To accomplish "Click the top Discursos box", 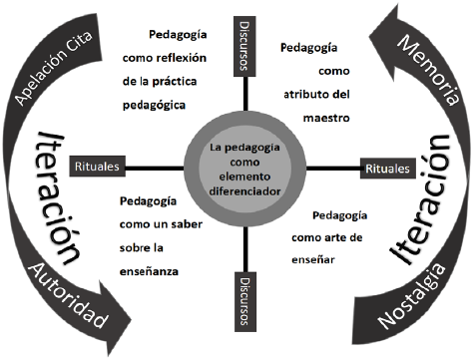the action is coord(244,46).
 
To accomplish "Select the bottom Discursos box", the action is coord(245,301).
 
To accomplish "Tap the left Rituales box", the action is coord(97,166).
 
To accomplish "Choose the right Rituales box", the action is coord(388,169).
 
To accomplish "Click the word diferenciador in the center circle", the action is coord(244,191).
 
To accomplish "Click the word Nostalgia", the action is coord(411,296).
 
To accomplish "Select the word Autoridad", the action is coord(69,295).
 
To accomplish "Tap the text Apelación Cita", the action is coord(53,68).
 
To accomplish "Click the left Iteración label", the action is coord(59,197).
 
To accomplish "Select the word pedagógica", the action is coord(154,106).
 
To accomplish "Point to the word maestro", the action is coord(326,118).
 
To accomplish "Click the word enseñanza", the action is coord(149,271).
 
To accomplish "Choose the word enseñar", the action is coord(313,259).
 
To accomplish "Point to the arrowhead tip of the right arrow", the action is coord(397,5).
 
